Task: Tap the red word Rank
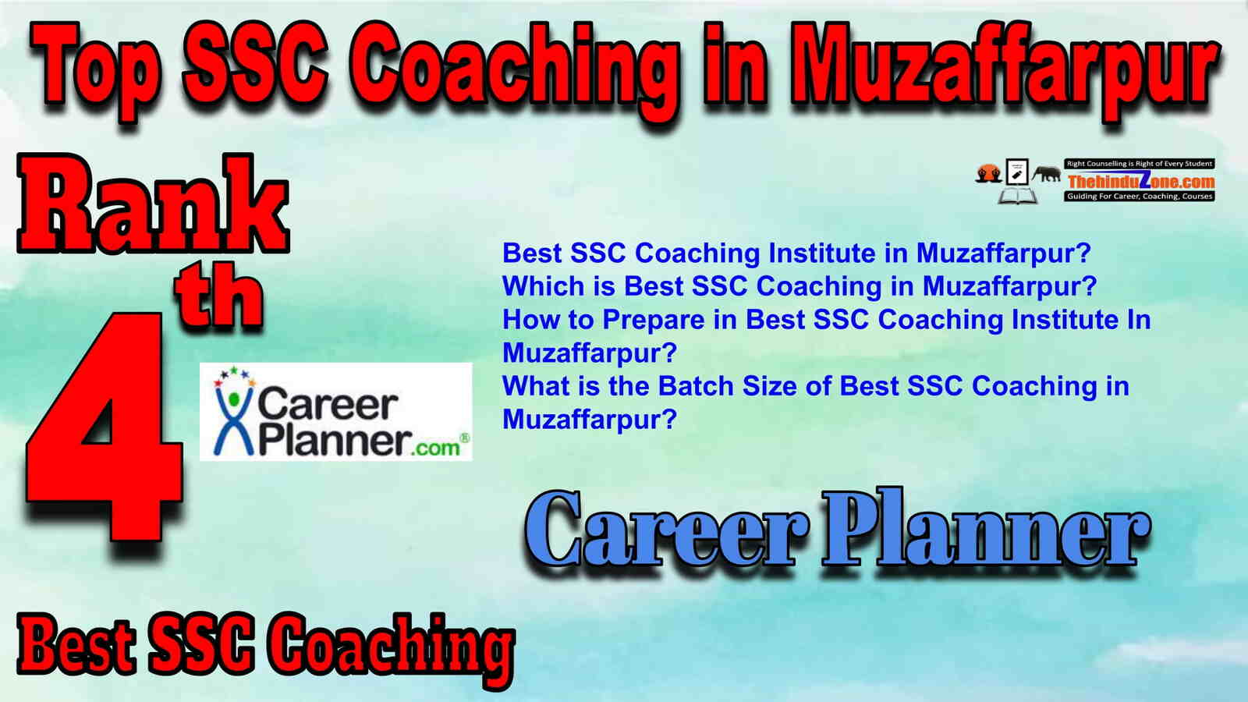pyautogui.click(x=153, y=204)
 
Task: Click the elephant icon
pyautogui.click(x=1046, y=174)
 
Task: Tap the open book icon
pyautogui.click(x=1017, y=196)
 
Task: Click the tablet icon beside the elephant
pyautogui.click(x=1017, y=172)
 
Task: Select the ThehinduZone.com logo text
pyautogui.click(x=1140, y=180)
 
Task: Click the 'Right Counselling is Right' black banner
pyautogui.click(x=1140, y=164)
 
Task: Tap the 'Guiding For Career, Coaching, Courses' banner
pyautogui.click(x=1140, y=196)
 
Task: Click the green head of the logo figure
pyautogui.click(x=233, y=399)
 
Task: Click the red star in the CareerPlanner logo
pyautogui.click(x=218, y=383)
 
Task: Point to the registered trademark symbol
pyautogui.click(x=464, y=438)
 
